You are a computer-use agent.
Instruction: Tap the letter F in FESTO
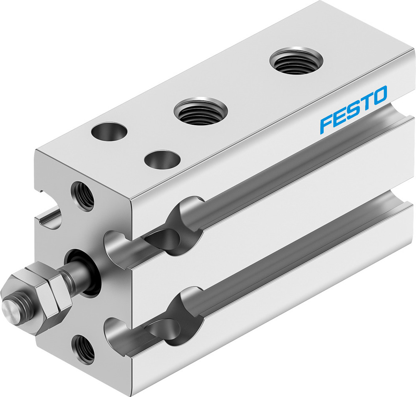[325, 125]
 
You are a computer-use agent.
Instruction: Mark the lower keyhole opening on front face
[114, 333]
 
